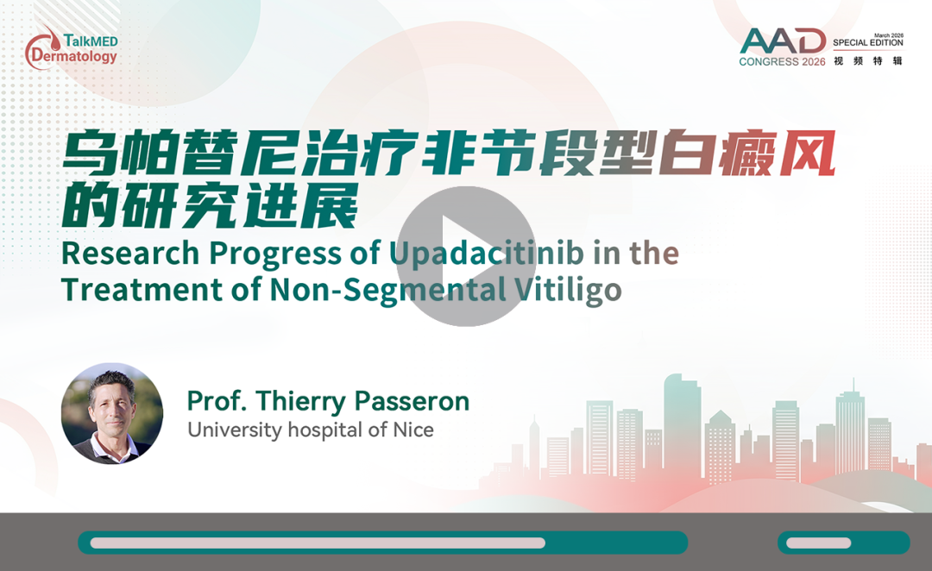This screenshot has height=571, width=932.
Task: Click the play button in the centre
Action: coord(466,256)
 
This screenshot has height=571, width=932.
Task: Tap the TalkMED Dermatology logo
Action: coord(72,47)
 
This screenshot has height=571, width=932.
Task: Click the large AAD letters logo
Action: coord(783,41)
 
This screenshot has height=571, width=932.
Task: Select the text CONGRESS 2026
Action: coord(782,62)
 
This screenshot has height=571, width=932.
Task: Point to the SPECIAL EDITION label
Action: coord(868,43)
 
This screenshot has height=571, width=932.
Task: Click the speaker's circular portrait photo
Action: coord(111,413)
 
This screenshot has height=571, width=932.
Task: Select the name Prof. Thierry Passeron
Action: coord(328,401)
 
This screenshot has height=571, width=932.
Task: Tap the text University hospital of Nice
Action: coord(311,430)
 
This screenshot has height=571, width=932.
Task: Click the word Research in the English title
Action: coord(130,253)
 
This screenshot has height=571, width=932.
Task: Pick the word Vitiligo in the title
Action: coord(568,292)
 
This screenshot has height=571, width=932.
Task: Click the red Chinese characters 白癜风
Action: coord(747,154)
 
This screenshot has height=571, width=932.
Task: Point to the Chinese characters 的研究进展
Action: coord(210,205)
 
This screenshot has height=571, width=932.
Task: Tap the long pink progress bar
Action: coord(318,543)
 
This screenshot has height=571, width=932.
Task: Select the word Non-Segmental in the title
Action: coord(387,291)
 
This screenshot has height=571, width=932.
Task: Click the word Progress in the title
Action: coord(275,254)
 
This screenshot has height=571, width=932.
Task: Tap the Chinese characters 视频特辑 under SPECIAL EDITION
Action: coord(868,60)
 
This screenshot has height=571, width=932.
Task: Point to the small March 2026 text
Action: coord(889,35)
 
